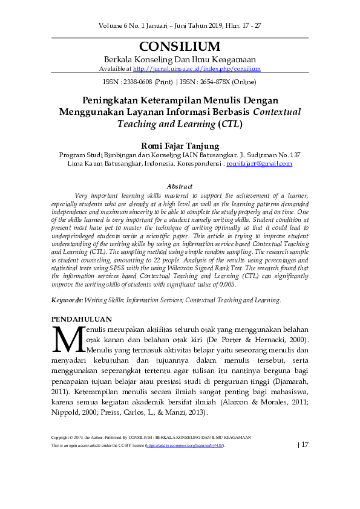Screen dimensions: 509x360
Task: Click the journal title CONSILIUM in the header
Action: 180,47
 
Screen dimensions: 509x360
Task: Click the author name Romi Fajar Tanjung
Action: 180,145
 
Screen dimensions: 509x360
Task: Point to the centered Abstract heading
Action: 180,187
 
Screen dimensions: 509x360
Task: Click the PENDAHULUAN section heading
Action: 82,319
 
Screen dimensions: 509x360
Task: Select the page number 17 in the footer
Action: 304,445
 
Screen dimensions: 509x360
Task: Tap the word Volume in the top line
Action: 114,25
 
